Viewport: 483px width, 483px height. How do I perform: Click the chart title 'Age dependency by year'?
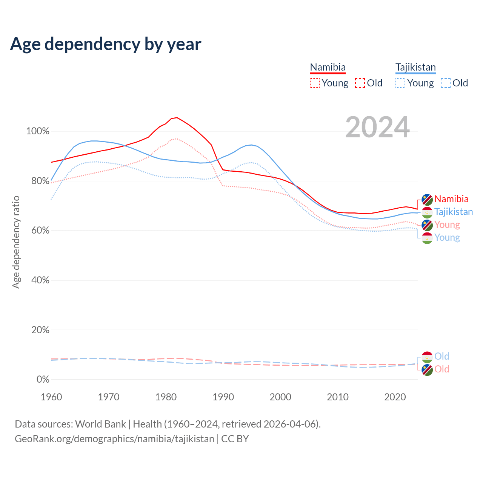click(x=106, y=44)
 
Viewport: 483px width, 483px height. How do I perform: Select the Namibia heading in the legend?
click(x=328, y=67)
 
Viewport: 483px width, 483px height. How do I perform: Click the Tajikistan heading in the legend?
click(x=415, y=67)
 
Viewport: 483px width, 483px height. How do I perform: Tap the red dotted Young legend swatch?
click(x=314, y=83)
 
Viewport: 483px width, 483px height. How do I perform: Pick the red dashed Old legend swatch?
click(x=360, y=83)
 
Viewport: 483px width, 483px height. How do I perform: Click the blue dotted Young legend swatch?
click(x=400, y=83)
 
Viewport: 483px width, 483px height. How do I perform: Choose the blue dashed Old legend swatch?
click(x=446, y=83)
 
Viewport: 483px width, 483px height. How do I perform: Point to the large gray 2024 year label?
click(x=377, y=128)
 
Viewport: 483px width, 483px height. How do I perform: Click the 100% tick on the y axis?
click(x=38, y=131)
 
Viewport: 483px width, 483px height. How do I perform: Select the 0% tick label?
click(x=43, y=379)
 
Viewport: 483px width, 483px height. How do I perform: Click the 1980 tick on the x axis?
click(x=166, y=397)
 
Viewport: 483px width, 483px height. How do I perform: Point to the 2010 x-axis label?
click(x=338, y=397)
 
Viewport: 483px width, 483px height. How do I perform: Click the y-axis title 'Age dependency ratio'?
click(x=16, y=242)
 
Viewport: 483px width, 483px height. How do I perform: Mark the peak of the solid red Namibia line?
click(x=177, y=117)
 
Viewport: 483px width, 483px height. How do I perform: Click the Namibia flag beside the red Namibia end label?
click(x=427, y=199)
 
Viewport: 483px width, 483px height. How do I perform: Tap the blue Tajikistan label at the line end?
click(x=454, y=212)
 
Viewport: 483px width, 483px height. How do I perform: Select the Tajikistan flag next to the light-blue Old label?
click(x=427, y=357)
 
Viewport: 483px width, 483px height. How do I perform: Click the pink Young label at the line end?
click(x=447, y=225)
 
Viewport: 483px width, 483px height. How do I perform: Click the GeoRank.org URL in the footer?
click(x=114, y=439)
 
